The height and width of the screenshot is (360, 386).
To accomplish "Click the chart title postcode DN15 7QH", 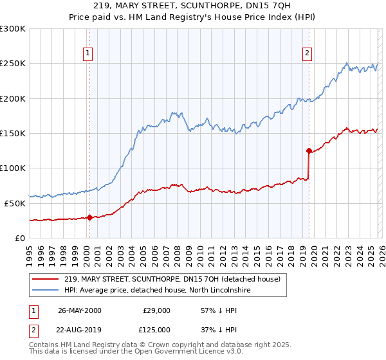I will click(x=271, y=6).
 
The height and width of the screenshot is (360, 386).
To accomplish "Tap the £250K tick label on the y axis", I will click(x=13, y=64).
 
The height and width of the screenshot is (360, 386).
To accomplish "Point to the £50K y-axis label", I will click(x=15, y=203).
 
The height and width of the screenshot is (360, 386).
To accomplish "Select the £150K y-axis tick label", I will click(x=13, y=134).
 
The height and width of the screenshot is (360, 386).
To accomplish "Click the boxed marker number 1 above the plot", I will click(x=87, y=53).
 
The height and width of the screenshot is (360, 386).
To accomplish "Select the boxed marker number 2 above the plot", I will click(x=308, y=53).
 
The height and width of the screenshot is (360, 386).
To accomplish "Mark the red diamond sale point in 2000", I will click(x=90, y=217).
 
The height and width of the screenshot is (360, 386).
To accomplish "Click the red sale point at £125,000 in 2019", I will click(x=309, y=151).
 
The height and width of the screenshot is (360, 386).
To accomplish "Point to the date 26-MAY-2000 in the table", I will click(x=79, y=310).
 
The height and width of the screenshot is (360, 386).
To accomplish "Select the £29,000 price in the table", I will click(x=156, y=310).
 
